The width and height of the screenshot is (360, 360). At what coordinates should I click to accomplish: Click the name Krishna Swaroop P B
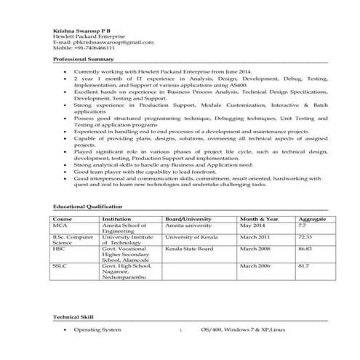coord(77,28)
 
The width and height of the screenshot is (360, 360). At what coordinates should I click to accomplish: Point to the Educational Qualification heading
coord(88,207)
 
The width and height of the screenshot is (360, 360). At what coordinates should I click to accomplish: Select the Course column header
coord(63,219)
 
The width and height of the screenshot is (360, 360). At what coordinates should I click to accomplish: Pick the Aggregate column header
coord(312,219)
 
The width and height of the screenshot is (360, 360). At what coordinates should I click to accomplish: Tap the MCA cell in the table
coord(59,225)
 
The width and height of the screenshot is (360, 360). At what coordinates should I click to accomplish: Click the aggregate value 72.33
coord(305,237)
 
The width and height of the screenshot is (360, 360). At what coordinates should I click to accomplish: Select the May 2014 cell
coord(254,225)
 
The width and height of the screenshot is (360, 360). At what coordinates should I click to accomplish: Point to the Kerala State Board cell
coord(189,249)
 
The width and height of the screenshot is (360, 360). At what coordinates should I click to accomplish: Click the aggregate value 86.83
coord(305,249)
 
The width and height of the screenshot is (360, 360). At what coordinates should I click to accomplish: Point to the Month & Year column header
coord(259,219)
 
